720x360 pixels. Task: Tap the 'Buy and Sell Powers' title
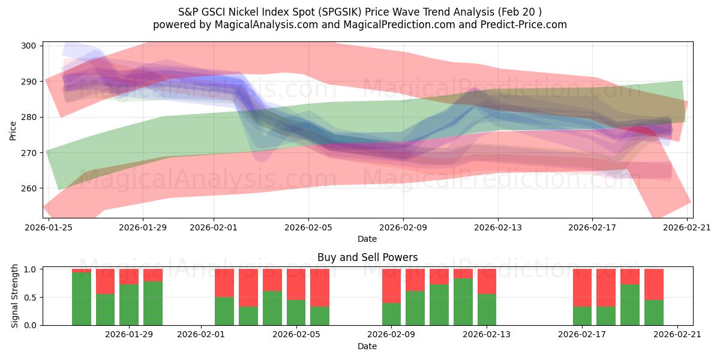click(x=367, y=257)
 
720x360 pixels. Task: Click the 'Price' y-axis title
click(x=13, y=130)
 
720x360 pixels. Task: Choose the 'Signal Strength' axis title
click(x=16, y=297)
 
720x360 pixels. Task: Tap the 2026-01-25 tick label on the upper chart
click(x=49, y=227)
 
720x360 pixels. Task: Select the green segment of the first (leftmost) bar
click(x=82, y=299)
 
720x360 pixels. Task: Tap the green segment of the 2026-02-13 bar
click(x=487, y=310)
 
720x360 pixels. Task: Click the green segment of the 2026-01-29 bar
click(x=129, y=305)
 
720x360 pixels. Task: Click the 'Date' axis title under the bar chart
click(x=367, y=346)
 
